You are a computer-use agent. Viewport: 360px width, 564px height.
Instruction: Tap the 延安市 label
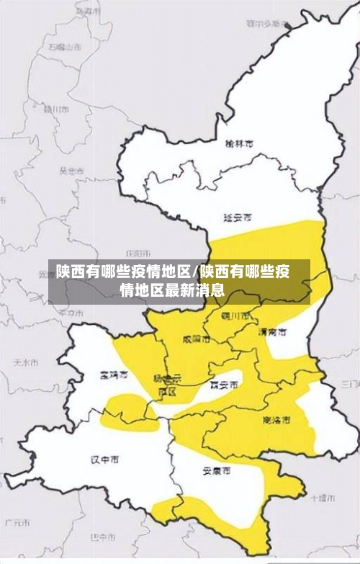[x=238, y=216]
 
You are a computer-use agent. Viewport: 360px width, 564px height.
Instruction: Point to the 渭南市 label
[x=272, y=332]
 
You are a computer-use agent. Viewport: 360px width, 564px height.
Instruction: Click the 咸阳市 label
[x=196, y=338]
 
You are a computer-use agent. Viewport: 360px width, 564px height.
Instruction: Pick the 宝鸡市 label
[x=114, y=375]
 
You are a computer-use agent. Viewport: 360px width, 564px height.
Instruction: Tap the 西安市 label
[x=223, y=385]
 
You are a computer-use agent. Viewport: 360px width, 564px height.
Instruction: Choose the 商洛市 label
[x=276, y=418]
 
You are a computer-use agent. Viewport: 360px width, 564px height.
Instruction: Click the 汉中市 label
[x=105, y=458]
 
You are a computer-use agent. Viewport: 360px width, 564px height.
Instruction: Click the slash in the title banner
[x=195, y=272]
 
